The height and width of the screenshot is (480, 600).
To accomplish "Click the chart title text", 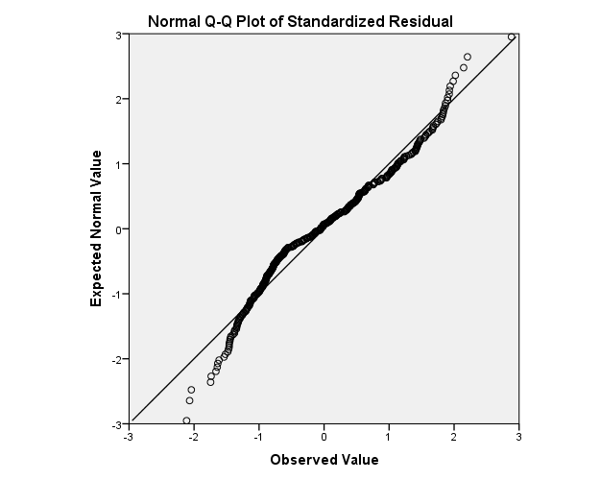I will coord(300,20).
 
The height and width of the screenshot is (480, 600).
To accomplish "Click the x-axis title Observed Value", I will coord(324,460).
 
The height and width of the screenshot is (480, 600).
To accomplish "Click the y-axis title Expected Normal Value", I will coord(96,228).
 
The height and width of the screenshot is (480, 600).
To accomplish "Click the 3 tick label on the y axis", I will coord(117,35).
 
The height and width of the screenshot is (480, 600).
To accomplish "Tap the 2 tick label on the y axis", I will coord(117,99).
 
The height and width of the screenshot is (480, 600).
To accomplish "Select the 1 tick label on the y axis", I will coord(117,164).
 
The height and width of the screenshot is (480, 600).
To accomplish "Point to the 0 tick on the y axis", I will coord(117,229).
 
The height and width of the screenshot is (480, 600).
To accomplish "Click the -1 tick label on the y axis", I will coord(115,294).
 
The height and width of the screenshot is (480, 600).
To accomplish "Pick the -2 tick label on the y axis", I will coord(115,359).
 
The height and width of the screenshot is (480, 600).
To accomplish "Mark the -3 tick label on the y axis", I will coord(115,423).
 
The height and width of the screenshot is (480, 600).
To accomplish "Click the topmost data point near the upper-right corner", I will coord(512,36).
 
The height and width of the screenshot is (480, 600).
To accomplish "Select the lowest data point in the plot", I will coord(186,420).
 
